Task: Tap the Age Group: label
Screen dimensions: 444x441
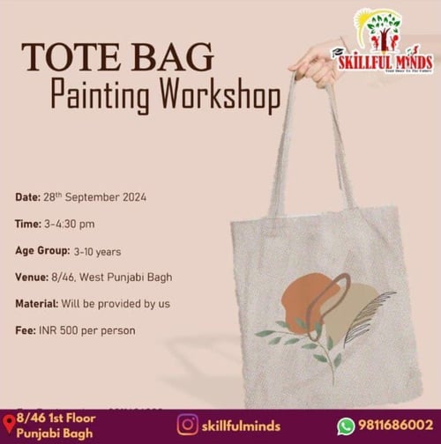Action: pyautogui.click(x=42, y=250)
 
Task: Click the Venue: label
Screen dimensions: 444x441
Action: pyautogui.click(x=32, y=277)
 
